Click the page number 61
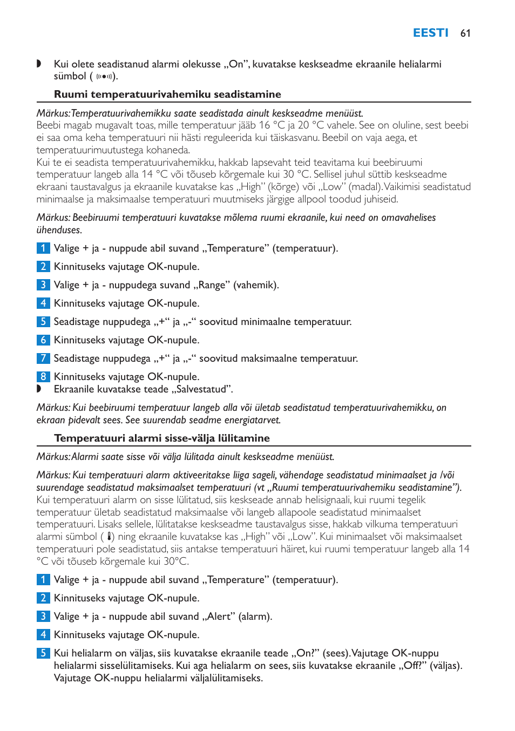pos(465,33)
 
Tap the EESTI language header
pos(430,33)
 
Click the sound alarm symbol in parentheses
pos(104,77)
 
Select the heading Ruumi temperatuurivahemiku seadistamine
pos(167,94)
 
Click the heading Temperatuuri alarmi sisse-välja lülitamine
pos(162,438)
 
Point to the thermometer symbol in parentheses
pos(110,537)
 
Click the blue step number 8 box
pos(43,376)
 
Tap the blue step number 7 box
pos(43,358)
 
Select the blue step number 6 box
pos(43,340)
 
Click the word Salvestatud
pos(202,389)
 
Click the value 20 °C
pos(311,125)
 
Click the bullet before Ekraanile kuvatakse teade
pos(39,389)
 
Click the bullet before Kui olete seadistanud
pos(39,64)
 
